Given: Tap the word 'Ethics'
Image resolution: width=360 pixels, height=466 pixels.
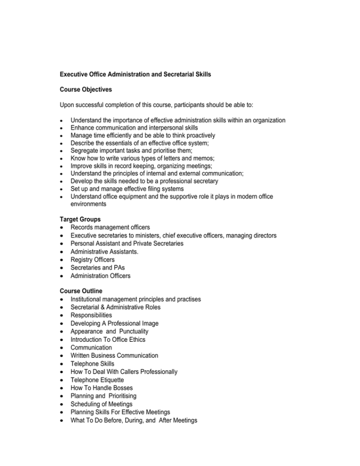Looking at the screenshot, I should [148, 339].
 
